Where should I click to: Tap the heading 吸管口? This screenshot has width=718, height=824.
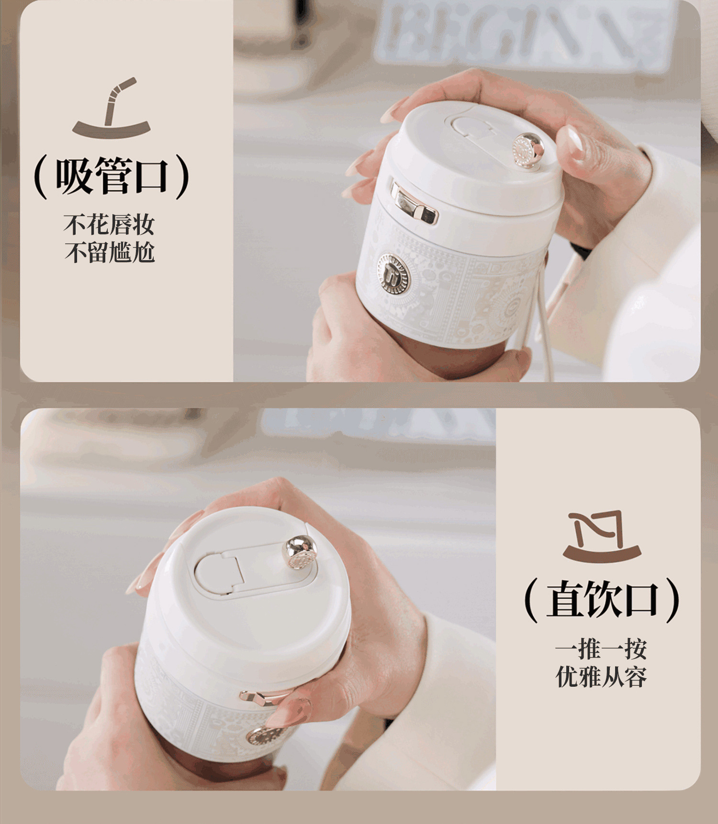point(112,176)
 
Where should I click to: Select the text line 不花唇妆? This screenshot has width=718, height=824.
point(110,225)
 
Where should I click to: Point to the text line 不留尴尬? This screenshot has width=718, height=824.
point(110,253)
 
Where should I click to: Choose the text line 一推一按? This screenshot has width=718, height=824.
point(601,649)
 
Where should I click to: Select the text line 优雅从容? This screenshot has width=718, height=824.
point(601,677)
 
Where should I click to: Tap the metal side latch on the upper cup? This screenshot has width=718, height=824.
point(414,204)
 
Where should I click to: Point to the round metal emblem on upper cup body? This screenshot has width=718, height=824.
point(393,273)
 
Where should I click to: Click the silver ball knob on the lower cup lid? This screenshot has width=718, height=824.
point(301,553)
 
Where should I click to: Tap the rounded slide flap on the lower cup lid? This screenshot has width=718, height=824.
point(220,572)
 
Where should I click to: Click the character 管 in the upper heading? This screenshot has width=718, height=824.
point(112,176)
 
